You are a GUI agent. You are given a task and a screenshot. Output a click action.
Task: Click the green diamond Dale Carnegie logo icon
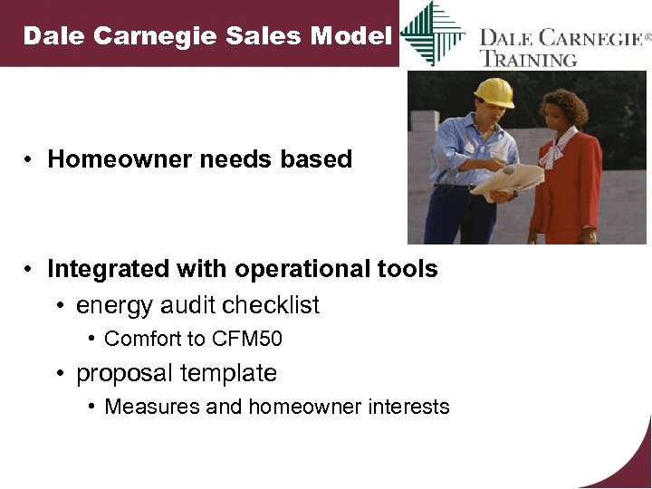pos(432,34)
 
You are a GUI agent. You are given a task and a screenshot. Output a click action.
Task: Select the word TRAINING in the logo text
pos(529,60)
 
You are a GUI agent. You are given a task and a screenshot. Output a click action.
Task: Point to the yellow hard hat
pos(494,91)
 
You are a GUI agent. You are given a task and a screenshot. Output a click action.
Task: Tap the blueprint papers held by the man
pos(507,182)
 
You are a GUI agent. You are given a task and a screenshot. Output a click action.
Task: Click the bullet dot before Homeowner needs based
pos(30,160)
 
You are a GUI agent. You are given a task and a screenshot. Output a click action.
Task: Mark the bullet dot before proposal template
pos(58,374)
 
